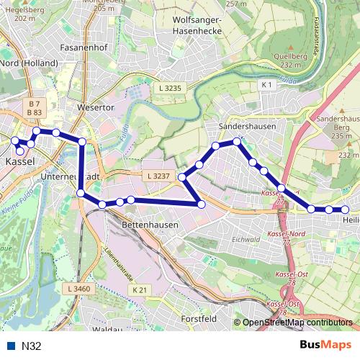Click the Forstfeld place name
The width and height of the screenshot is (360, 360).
pyautogui.click(x=199, y=318)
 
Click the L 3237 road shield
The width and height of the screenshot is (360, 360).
pyautogui.click(x=157, y=176)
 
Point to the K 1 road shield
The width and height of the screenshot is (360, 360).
pyautogui.click(x=267, y=85)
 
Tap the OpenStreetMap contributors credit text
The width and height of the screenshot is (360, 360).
pyautogui.click(x=298, y=323)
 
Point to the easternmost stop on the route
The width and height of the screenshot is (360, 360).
pyautogui.click(x=346, y=210)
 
